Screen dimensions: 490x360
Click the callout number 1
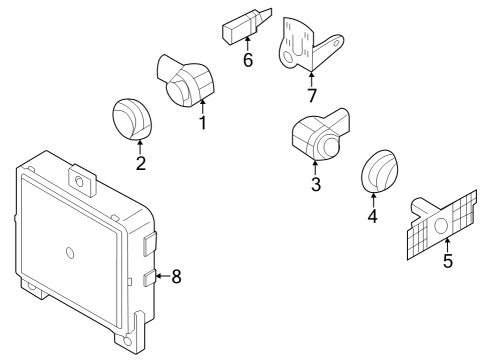(x=203, y=123)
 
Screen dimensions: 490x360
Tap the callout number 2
(x=141, y=163)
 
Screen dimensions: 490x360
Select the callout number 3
(x=316, y=184)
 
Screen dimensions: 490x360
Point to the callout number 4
(x=373, y=216)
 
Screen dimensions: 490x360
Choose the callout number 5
(x=448, y=260)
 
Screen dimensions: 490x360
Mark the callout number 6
(x=248, y=60)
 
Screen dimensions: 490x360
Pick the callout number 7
(x=312, y=95)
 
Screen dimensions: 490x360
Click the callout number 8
(x=176, y=276)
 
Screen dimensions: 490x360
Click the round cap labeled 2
(x=132, y=119)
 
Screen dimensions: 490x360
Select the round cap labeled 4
(x=380, y=171)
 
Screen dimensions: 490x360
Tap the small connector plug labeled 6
(x=247, y=26)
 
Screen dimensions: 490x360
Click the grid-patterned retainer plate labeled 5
(x=442, y=225)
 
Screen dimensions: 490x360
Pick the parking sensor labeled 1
(x=185, y=81)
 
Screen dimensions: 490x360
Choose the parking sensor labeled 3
(x=321, y=134)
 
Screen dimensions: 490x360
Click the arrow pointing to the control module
(x=163, y=276)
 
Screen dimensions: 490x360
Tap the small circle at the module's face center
(x=70, y=253)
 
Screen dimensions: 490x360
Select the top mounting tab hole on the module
(x=80, y=182)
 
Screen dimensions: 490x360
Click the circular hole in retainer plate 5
(x=441, y=226)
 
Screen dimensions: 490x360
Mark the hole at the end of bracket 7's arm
(x=336, y=43)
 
